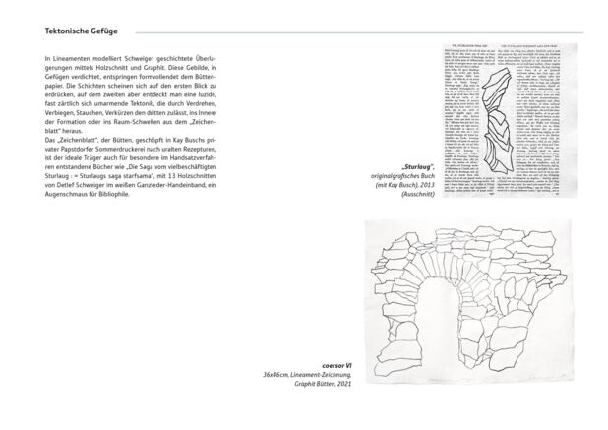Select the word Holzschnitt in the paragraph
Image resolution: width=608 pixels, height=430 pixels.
134,71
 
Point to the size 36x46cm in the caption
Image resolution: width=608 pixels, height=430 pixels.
279,376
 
